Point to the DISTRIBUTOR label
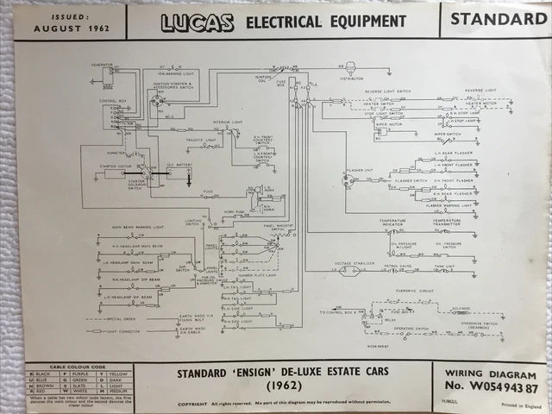(352, 78)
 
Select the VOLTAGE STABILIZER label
(352, 263)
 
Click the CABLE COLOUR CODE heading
(77, 367)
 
